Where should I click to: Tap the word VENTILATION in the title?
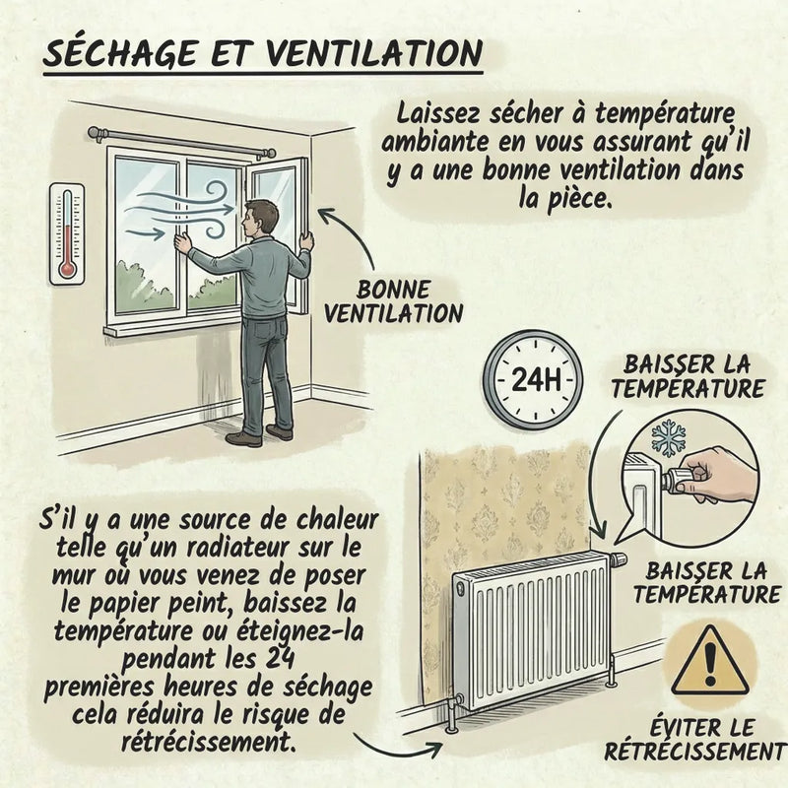(x=373, y=53)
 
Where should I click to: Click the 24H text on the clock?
(x=536, y=379)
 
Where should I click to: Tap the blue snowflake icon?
(x=669, y=438)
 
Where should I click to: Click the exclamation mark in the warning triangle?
(x=709, y=664)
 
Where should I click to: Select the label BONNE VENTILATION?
(x=393, y=302)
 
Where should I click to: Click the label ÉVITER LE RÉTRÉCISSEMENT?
(x=695, y=741)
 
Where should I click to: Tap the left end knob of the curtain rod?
(x=95, y=134)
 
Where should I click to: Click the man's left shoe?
(x=243, y=438)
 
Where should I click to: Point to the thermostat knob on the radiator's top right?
(x=619, y=558)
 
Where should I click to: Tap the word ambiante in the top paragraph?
(x=433, y=142)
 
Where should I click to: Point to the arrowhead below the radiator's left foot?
(x=433, y=748)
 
